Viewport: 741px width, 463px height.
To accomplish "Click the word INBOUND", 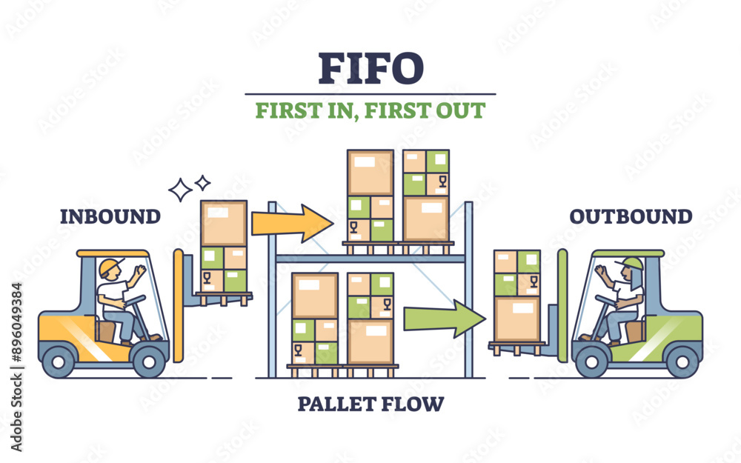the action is (x=110, y=216).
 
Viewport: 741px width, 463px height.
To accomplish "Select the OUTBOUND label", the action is (x=631, y=216).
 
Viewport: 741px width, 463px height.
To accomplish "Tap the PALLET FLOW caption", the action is (x=370, y=404).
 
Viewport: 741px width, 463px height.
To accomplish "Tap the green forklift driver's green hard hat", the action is (x=632, y=264).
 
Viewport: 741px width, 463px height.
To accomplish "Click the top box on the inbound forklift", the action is (x=224, y=223).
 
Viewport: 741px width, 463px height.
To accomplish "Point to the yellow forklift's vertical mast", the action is (x=178, y=304).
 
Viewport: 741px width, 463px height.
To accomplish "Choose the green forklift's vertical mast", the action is (x=562, y=304).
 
